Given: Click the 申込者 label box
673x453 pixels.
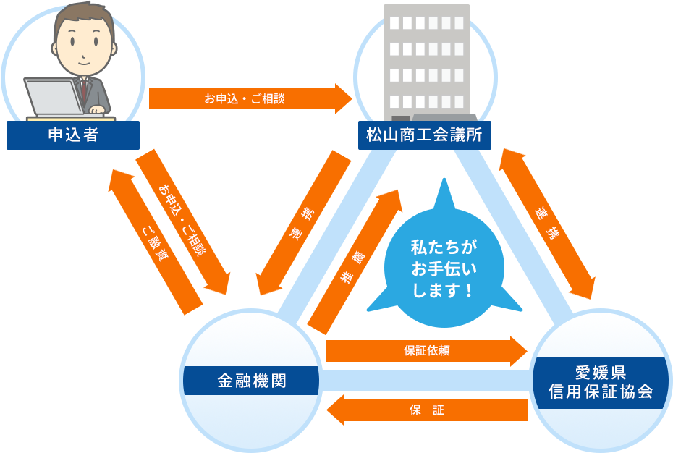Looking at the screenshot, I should (x=72, y=135).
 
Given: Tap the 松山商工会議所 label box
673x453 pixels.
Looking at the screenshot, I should (x=425, y=135).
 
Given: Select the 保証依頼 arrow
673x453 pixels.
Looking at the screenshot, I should (x=427, y=350).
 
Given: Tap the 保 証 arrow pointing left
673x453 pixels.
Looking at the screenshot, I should (x=427, y=410).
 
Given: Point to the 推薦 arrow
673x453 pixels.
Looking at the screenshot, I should (x=355, y=257).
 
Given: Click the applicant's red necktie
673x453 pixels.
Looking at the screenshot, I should (x=84, y=90).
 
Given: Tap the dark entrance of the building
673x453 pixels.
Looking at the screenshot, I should (x=401, y=118).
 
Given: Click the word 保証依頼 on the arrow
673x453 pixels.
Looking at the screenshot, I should (x=427, y=351).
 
